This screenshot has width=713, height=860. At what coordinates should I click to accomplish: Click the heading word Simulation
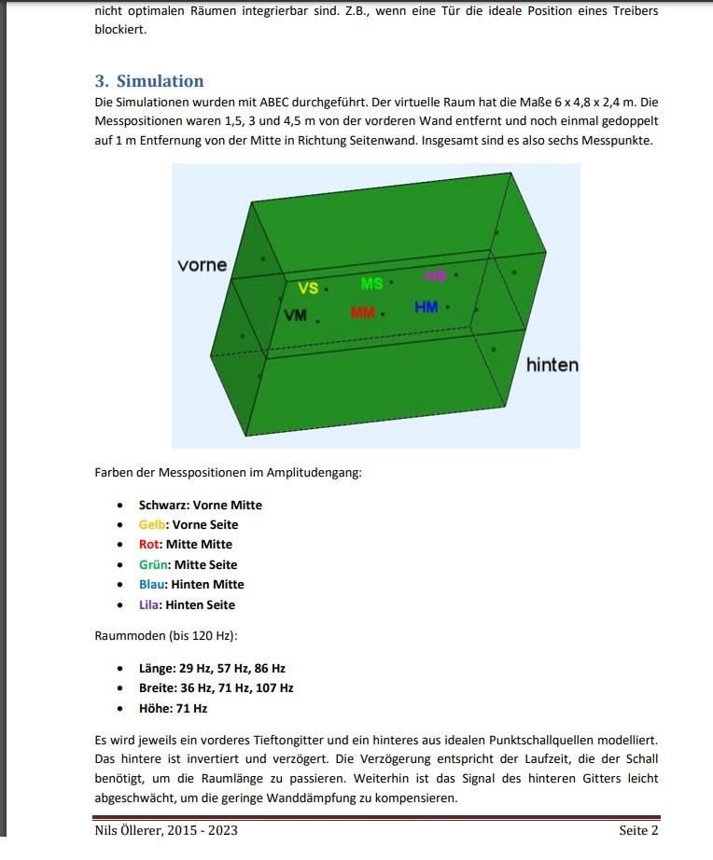160,81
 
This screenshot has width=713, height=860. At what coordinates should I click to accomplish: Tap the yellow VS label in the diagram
308,289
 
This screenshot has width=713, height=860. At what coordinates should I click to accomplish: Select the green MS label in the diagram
371,283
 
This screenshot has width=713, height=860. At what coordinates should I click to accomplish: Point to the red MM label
362,312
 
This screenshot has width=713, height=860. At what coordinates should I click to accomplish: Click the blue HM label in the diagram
426,307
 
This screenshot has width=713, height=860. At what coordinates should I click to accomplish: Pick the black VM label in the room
295,316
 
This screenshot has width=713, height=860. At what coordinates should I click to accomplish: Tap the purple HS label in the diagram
435,275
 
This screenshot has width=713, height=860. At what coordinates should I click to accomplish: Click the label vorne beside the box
202,265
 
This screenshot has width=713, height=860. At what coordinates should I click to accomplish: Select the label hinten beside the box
552,365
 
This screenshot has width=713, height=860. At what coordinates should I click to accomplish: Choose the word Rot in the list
150,545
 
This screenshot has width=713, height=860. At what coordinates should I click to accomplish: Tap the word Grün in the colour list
154,564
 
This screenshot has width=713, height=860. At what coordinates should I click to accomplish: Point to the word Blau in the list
153,585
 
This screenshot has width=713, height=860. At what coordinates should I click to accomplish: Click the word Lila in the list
150,604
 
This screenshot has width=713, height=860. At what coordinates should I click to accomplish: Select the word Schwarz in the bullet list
163,506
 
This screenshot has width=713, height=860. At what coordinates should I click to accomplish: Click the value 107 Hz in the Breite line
274,688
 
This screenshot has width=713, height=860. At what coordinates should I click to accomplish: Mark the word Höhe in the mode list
154,709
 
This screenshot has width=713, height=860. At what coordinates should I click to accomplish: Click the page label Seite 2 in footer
639,830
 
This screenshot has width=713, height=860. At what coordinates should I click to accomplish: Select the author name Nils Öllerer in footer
133,830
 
